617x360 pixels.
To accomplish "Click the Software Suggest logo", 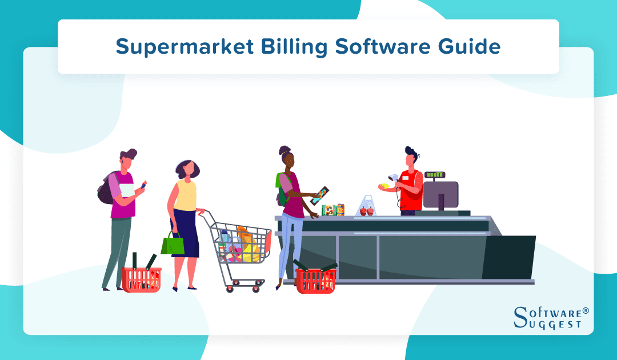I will pos(551,317).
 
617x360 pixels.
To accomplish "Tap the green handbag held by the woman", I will pos(173,245).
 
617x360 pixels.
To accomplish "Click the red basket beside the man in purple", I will pos(141,278).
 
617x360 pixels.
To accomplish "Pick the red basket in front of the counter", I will pos(315,279).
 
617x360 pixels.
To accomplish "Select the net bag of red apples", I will pos(367,207).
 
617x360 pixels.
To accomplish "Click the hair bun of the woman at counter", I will pos(285,150).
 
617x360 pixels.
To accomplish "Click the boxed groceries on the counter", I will pos(332,210).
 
